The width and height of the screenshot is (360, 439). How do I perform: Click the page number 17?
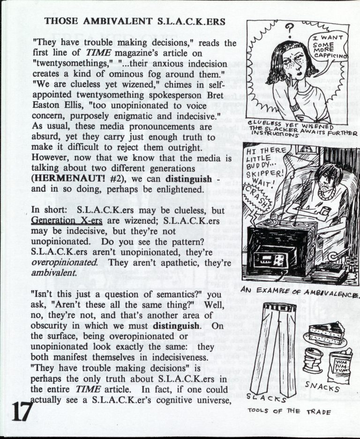click(x=19, y=412)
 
